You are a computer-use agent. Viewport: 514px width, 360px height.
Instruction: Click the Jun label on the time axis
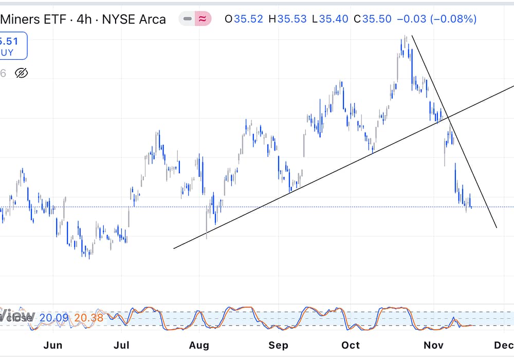click(53, 345)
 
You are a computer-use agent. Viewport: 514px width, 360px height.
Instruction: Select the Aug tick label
click(199, 345)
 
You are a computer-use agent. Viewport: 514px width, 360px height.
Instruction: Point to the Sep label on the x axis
click(279, 345)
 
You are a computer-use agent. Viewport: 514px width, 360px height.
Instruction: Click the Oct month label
click(352, 345)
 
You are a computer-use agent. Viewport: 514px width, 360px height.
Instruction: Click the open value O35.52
click(244, 19)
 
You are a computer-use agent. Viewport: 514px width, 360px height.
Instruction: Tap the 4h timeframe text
click(84, 20)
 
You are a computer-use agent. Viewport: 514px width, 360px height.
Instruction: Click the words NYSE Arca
click(134, 20)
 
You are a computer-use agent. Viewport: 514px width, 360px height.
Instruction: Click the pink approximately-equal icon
click(203, 19)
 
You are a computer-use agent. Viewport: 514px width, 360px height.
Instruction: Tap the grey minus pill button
click(188, 19)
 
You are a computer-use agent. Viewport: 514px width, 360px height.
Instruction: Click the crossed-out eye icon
click(21, 73)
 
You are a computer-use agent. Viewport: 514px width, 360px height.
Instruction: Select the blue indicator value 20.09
click(54, 318)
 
